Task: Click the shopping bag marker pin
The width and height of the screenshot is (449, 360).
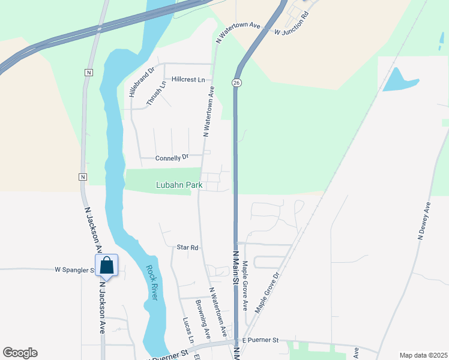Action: (x=106, y=266)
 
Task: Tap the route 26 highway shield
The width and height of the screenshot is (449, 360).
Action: (x=238, y=82)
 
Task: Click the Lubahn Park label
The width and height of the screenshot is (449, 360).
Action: (x=179, y=185)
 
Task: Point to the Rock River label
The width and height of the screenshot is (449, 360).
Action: (x=151, y=283)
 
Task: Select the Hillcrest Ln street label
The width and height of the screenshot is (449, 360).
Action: (x=188, y=79)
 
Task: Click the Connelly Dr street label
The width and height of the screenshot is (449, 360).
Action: (x=172, y=158)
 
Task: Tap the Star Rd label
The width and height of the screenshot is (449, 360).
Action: (x=187, y=247)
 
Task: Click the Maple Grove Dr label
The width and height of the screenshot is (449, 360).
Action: (x=268, y=293)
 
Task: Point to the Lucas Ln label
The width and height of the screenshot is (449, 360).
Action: (x=188, y=331)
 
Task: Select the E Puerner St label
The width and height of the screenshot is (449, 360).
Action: (x=259, y=340)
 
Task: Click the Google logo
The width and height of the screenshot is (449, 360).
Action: (x=20, y=353)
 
